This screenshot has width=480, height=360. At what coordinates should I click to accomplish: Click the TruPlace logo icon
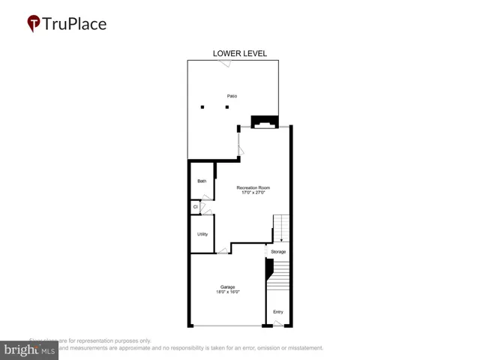pyautogui.click(x=33, y=23)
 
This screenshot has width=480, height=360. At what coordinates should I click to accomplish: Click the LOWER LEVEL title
pyautogui.click(x=240, y=53)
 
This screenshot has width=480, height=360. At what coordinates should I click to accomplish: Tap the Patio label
pyautogui.click(x=232, y=96)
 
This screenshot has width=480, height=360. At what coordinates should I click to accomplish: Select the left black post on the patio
pyautogui.click(x=202, y=107)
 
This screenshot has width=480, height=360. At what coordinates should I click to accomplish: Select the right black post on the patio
pyautogui.click(x=227, y=107)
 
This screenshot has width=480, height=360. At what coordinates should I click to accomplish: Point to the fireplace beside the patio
pyautogui.click(x=263, y=121)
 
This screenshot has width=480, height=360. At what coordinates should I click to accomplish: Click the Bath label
pyautogui.click(x=202, y=181)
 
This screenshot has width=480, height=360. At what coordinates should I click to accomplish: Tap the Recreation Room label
pyautogui.click(x=253, y=187)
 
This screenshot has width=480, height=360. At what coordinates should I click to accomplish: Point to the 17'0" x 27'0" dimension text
pyautogui.click(x=253, y=193)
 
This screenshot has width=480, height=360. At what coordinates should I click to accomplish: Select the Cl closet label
pyautogui.click(x=195, y=206)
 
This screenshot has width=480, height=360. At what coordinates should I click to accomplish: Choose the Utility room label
pyautogui.click(x=202, y=235)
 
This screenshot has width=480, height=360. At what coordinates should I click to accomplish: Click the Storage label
pyautogui.click(x=278, y=251)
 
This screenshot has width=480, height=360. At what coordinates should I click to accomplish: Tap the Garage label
pyautogui.click(x=228, y=286)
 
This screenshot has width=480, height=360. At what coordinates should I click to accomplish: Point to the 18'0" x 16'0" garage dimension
pyautogui.click(x=228, y=292)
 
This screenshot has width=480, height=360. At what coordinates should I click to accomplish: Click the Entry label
pyautogui.click(x=278, y=312)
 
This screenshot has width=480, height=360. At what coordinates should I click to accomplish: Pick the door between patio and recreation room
pyautogui.click(x=240, y=145)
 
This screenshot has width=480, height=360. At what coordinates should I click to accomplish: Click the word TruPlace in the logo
pyautogui.click(x=75, y=23)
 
